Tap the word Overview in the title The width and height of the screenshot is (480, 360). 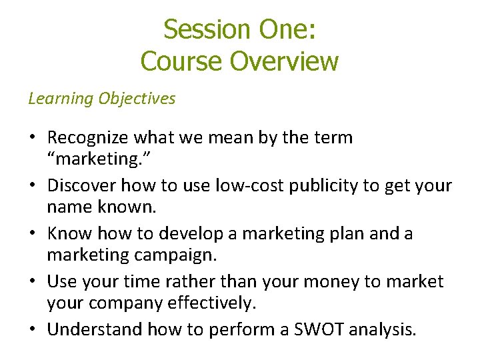[x=285, y=61]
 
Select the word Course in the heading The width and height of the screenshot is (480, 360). [x=182, y=61]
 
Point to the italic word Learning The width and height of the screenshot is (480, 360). [x=61, y=99]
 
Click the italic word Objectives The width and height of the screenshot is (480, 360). [x=137, y=99]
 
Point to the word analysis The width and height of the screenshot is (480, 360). [x=379, y=329]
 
